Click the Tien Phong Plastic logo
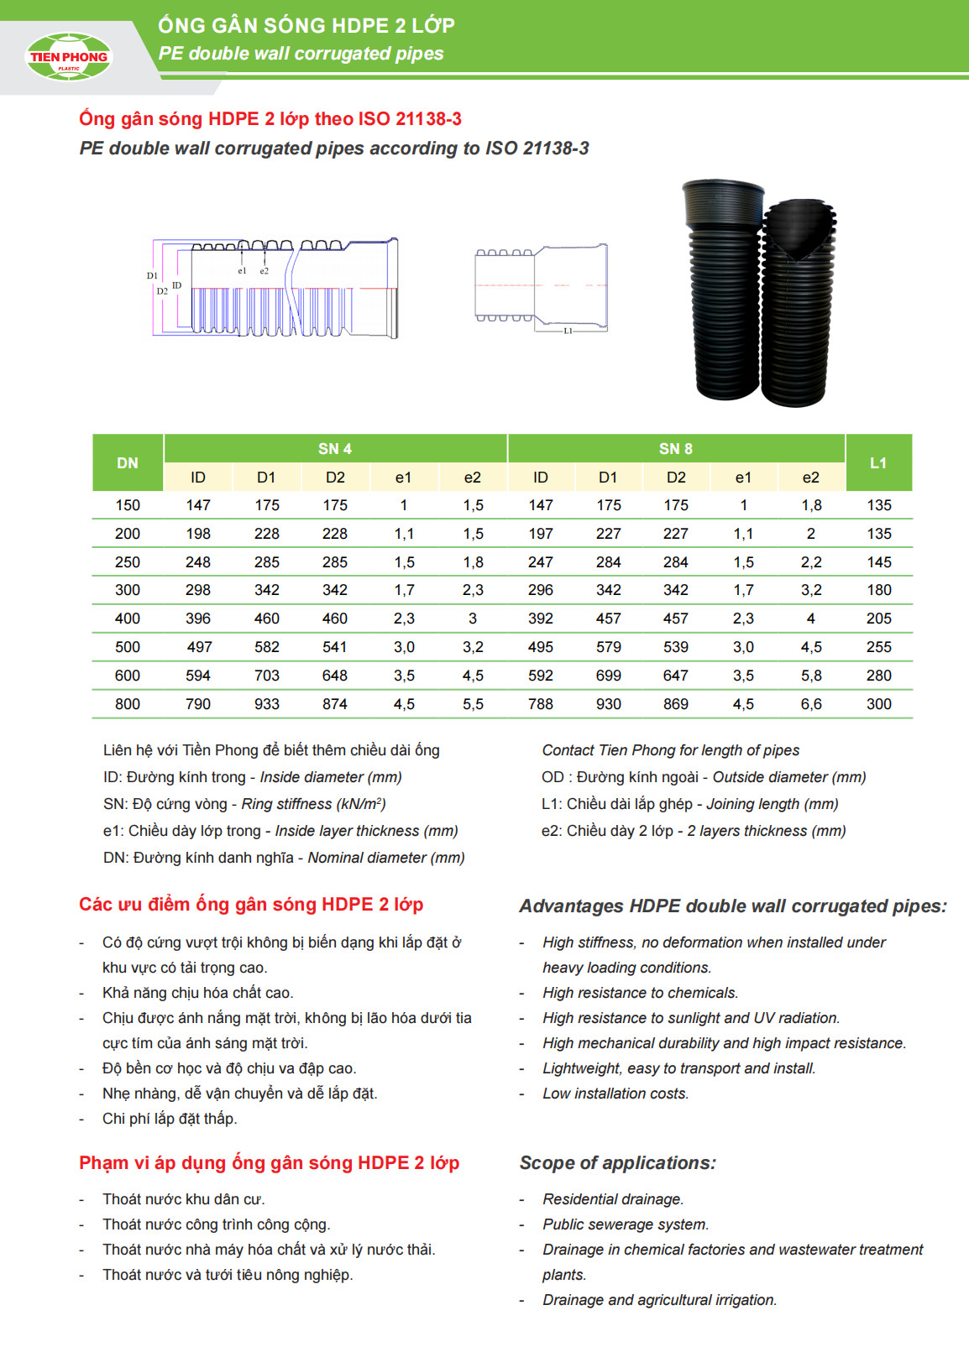tap(69, 57)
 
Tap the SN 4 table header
tap(335, 449)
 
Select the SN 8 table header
tap(676, 449)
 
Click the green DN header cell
tap(128, 463)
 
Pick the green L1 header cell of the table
tap(878, 463)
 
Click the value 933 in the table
tap(267, 704)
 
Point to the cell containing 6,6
tap(811, 704)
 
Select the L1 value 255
tap(879, 647)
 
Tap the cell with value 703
tap(267, 676)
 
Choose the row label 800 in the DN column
tap(128, 704)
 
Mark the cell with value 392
tap(541, 619)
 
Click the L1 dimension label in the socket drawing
tap(568, 331)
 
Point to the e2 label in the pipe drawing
tap(265, 271)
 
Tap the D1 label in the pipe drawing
tap(152, 275)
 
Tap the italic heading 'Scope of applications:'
tap(618, 1163)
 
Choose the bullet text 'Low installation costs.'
tap(615, 1094)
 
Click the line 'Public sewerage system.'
tap(626, 1224)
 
